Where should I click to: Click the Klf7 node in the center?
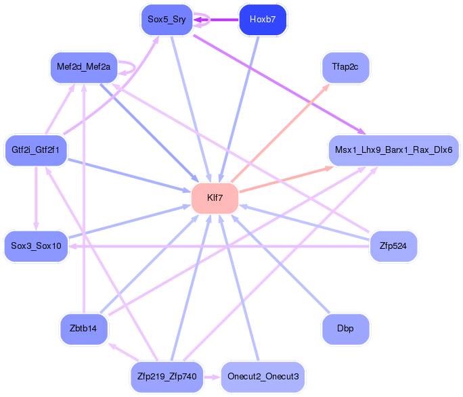215,198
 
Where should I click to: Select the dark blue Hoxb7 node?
263,20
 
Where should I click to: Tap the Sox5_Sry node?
167,20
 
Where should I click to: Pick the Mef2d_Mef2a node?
84,67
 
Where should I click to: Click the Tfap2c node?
345,67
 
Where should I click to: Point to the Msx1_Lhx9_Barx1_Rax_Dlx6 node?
394,150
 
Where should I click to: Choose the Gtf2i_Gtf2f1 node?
36,150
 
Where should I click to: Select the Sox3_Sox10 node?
36,246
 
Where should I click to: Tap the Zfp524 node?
393,246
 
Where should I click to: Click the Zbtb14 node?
83,329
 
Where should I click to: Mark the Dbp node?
345,329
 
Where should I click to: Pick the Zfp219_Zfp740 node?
167,377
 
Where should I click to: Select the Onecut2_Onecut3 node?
263,377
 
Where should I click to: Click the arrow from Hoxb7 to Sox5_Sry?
216,20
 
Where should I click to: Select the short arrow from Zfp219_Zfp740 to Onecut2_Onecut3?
212,377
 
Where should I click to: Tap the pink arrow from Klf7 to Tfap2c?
280,133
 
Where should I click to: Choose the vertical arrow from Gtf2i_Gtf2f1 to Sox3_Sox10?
36,199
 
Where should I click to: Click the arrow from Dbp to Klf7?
280,263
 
